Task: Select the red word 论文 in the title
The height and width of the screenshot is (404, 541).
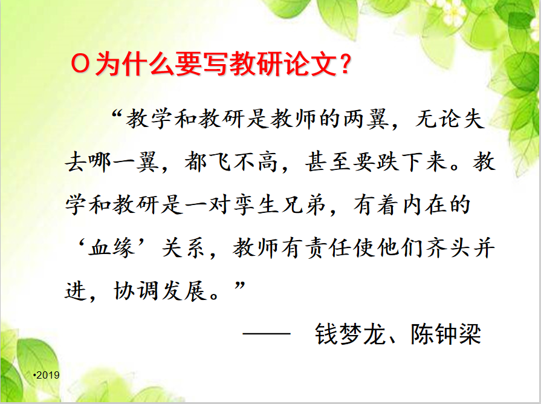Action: (x=311, y=64)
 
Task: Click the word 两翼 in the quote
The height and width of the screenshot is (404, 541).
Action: (x=366, y=119)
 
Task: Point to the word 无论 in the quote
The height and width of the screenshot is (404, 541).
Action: (x=438, y=119)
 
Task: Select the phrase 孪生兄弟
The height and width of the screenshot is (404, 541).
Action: (x=280, y=205)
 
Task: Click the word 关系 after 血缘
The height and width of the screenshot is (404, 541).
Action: (x=184, y=248)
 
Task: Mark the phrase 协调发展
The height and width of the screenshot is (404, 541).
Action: (x=160, y=291)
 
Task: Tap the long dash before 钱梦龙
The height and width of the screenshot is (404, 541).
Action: (x=267, y=334)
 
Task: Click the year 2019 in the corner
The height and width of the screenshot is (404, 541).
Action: (x=48, y=375)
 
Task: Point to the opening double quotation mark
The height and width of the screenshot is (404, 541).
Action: (x=117, y=113)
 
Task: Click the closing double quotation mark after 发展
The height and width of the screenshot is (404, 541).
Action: (x=240, y=285)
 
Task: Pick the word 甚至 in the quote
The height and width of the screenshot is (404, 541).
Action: (x=328, y=162)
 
